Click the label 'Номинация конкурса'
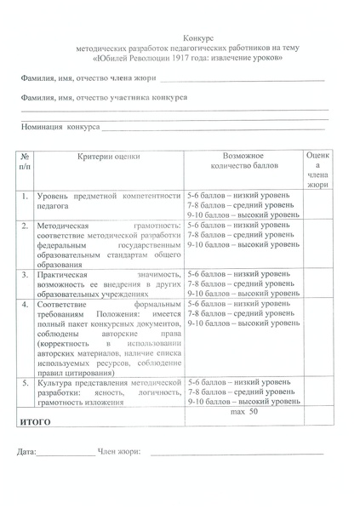click(x=60, y=128)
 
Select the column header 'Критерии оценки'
click(x=109, y=157)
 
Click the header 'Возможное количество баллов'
click(x=243, y=163)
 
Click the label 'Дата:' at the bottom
click(x=26, y=453)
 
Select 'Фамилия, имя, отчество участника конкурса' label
click(x=104, y=98)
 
